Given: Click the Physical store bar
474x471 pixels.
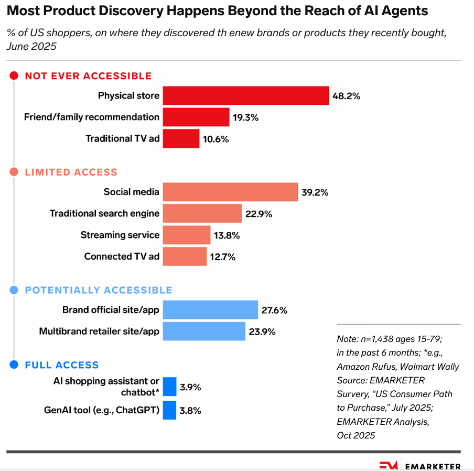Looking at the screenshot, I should [245, 96].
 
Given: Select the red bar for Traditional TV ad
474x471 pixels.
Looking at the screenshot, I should [181, 138].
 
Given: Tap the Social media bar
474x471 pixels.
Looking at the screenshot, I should [230, 192].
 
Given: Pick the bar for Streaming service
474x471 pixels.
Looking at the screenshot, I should [186, 235].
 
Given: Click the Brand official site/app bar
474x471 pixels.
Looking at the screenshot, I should [210, 310].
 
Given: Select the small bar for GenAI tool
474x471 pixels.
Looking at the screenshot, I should [169, 410].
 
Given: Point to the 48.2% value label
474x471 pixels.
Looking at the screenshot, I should [346, 96].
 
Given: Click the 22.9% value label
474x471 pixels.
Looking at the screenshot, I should [258, 214].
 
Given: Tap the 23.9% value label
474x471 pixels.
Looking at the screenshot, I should [262, 331].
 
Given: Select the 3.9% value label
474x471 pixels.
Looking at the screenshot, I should [190, 388].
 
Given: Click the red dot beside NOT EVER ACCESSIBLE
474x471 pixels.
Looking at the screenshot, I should [14, 76].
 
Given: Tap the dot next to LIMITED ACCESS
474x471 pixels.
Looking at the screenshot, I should [14, 172].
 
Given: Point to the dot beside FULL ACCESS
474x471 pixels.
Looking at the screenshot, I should [14, 365].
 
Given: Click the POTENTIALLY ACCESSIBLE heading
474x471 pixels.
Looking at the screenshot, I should [99, 290].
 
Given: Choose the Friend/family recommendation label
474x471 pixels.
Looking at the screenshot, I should [91, 117].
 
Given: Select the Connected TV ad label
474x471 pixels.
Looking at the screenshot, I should [121, 256].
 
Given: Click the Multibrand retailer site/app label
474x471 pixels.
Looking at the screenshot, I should [99, 331].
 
